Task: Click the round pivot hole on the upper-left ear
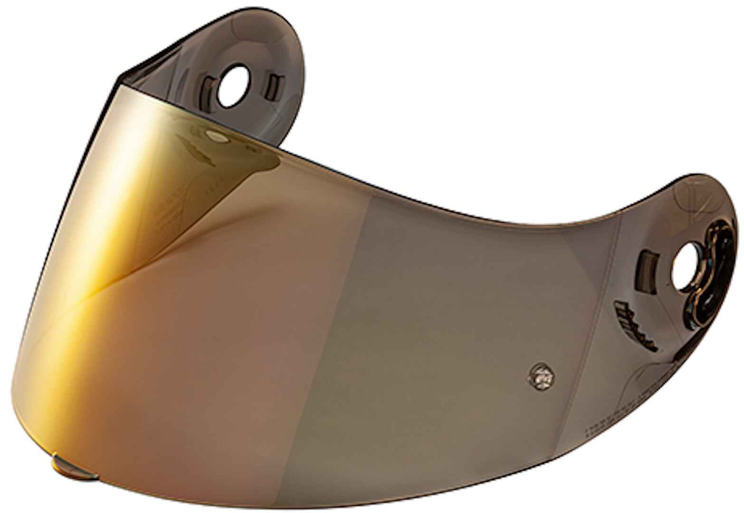(232, 86)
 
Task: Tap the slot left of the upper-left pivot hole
(208, 94)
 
